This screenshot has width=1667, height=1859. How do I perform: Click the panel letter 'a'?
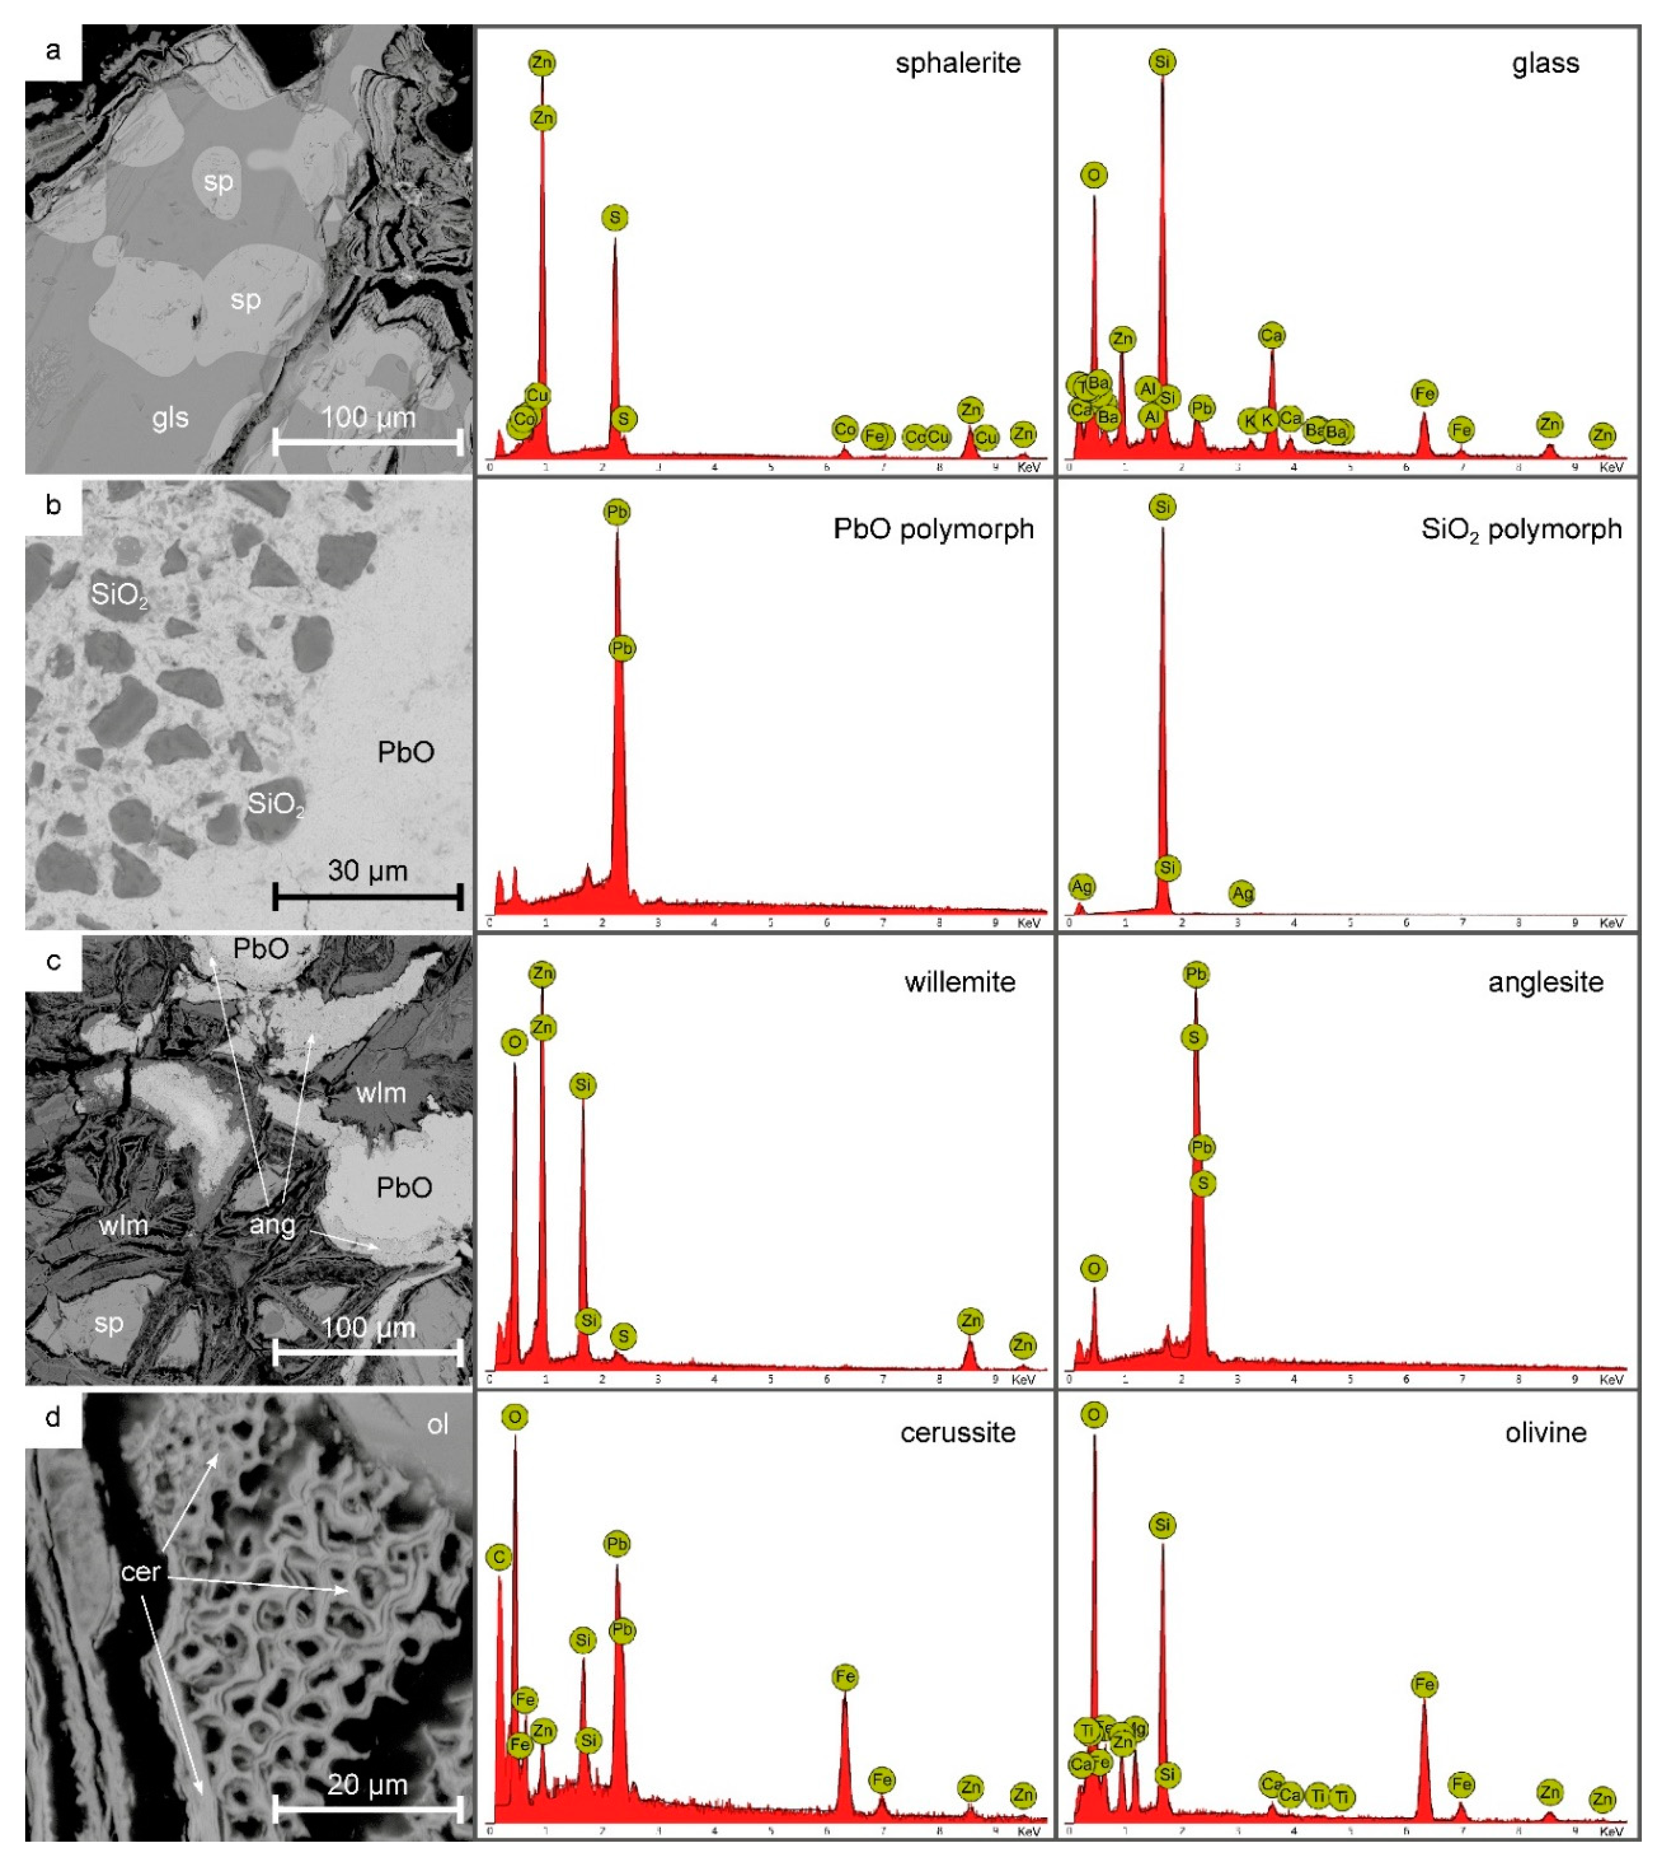(53, 50)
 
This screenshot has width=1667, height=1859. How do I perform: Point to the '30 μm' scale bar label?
(367, 870)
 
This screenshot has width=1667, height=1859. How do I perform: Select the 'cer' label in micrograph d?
(140, 1571)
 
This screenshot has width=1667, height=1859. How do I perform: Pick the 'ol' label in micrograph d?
(438, 1424)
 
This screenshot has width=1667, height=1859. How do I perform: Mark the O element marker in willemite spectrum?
(515, 1042)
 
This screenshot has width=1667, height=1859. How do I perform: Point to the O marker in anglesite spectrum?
(1094, 1268)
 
